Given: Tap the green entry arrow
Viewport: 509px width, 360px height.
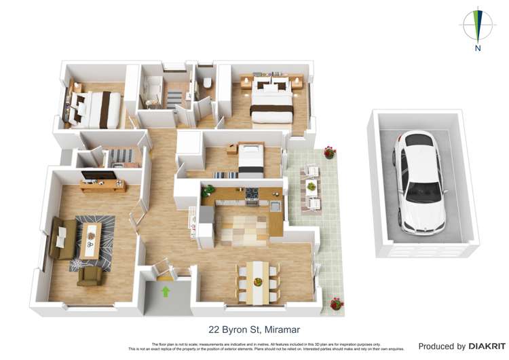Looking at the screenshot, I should coord(164,292).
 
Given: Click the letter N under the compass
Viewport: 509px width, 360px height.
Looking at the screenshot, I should coord(478,49).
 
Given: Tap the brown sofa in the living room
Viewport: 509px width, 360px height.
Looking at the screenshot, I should coord(60,238).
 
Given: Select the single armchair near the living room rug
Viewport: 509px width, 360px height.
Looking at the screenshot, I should coord(90,275).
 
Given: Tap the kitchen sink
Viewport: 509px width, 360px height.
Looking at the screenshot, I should coord(275,206).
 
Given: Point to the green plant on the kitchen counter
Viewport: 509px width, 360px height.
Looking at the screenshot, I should coord(208,190).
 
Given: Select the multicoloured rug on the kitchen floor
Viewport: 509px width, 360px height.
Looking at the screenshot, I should coord(242,225).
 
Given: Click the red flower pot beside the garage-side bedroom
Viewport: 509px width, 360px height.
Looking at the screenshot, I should coord(329,152).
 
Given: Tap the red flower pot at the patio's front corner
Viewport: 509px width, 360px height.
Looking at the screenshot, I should coord(335,303).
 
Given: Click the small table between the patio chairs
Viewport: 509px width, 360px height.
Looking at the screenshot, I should coord(312,186).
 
